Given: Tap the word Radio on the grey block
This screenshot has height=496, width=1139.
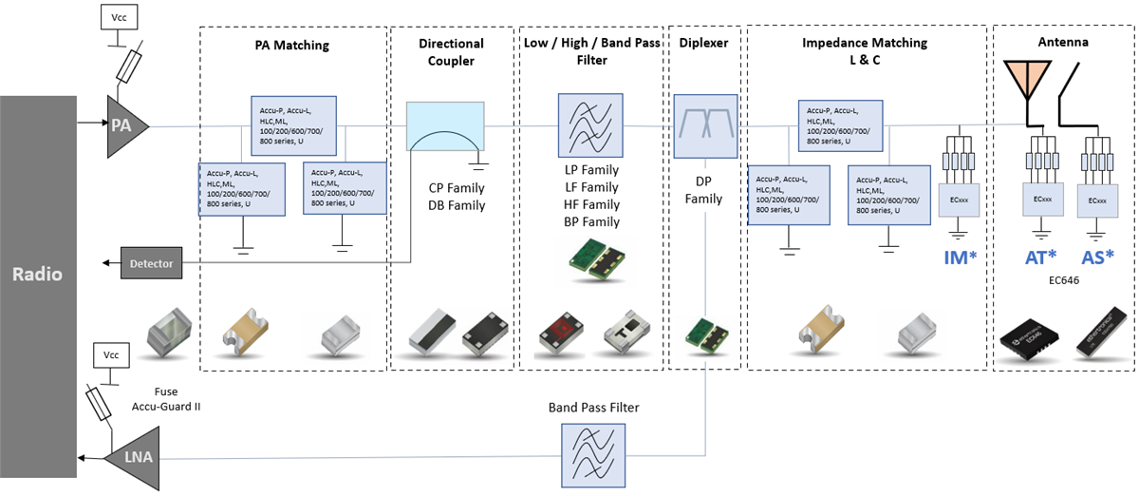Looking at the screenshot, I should [37, 275].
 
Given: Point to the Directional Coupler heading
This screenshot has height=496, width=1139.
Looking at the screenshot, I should [451, 52].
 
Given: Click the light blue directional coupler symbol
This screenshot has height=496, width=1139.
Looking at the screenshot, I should [445, 126].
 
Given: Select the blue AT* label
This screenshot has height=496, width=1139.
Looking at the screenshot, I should [1041, 258].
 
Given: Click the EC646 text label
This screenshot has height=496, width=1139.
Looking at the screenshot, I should [1068, 282].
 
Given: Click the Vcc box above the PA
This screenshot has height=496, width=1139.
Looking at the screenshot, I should [120, 17].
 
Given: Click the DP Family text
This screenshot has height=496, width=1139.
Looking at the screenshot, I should [704, 190].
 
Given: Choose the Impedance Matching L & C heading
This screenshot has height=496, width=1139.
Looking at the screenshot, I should [865, 52].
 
